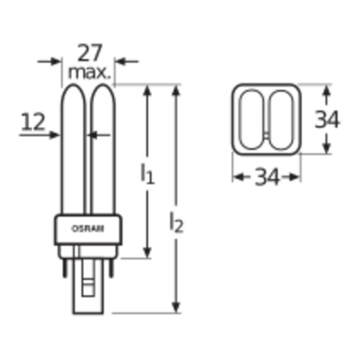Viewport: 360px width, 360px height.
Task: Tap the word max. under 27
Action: (89, 73)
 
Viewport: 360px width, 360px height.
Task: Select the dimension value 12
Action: (32, 123)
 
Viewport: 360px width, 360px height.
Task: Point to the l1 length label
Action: (148, 174)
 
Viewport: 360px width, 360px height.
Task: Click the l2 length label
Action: (176, 223)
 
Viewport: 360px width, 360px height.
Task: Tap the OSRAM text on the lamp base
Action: (87, 228)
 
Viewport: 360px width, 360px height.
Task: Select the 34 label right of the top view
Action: (327, 119)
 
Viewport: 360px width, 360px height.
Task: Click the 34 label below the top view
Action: (266, 177)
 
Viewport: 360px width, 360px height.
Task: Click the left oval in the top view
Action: (253, 119)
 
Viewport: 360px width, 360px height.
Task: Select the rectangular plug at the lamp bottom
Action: (88, 290)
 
